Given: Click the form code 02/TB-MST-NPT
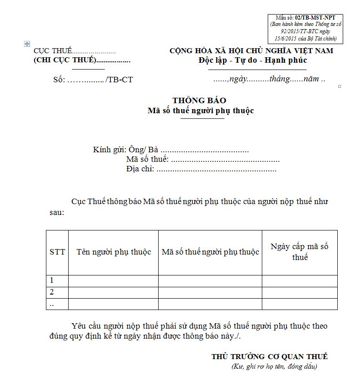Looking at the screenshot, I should [315, 17].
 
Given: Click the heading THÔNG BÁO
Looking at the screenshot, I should [200, 100].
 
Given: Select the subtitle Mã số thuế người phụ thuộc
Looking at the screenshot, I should [200, 110].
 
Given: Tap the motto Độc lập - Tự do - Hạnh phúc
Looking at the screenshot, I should [253, 60].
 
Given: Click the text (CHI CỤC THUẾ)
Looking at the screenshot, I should [65, 60].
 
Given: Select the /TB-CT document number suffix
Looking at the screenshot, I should [119, 80].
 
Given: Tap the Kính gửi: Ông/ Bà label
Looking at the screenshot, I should [125, 150].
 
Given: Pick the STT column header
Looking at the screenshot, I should [57, 252].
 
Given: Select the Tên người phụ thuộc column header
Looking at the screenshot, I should [114, 252].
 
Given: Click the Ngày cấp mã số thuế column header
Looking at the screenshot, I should [300, 251].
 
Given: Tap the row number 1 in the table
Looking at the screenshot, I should [52, 280].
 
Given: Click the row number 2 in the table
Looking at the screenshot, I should [52, 292].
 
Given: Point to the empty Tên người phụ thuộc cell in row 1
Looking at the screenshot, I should [113, 280].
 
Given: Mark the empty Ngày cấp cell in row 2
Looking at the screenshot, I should [300, 292].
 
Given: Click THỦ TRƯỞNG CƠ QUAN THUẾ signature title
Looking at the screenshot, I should [270, 357].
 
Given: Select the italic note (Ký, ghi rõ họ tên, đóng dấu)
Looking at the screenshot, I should [274, 366].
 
